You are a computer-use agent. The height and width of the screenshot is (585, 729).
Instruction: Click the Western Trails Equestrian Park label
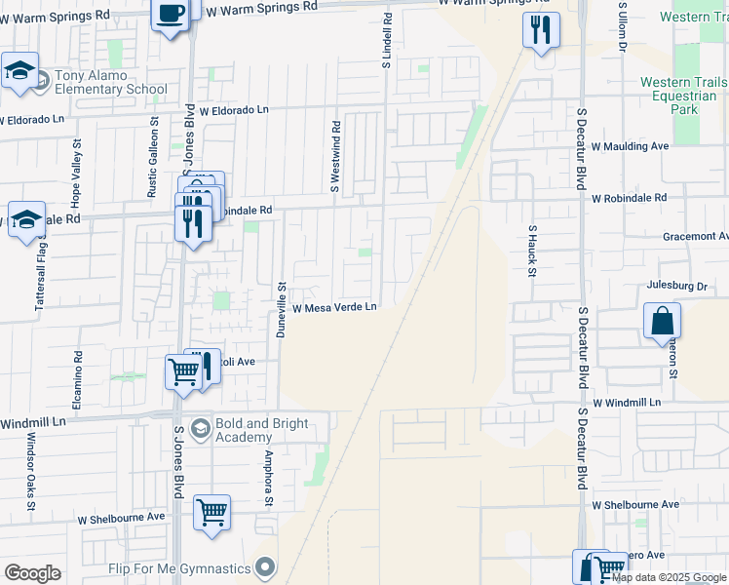(683, 96)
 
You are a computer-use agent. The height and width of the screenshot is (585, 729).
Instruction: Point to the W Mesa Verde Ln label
(335, 308)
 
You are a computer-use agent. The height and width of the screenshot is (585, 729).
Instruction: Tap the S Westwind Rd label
(335, 157)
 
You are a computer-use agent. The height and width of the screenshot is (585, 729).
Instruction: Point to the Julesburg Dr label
(675, 287)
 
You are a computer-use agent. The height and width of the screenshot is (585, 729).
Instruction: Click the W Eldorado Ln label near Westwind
(234, 110)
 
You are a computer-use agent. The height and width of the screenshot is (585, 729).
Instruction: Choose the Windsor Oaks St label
(31, 472)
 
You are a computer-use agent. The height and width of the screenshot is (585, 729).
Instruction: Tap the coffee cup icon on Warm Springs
(171, 15)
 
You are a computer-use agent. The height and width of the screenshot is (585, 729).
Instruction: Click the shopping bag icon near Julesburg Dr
(662, 320)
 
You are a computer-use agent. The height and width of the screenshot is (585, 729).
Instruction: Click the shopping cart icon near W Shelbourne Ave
(211, 512)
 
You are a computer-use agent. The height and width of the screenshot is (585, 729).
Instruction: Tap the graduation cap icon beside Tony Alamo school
(19, 70)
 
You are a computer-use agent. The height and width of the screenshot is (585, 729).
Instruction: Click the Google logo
(32, 573)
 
